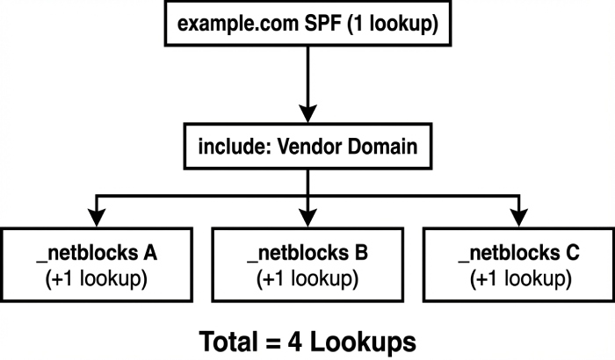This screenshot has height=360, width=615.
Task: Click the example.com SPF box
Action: [x=307, y=24]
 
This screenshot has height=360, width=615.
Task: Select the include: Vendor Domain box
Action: [x=307, y=147]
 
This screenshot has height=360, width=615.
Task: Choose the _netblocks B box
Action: [x=307, y=266]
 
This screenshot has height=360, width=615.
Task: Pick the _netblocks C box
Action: [x=518, y=266]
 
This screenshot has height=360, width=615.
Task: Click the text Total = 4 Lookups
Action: [x=307, y=340]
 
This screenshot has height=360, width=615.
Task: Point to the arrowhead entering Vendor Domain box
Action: [x=307, y=115]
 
